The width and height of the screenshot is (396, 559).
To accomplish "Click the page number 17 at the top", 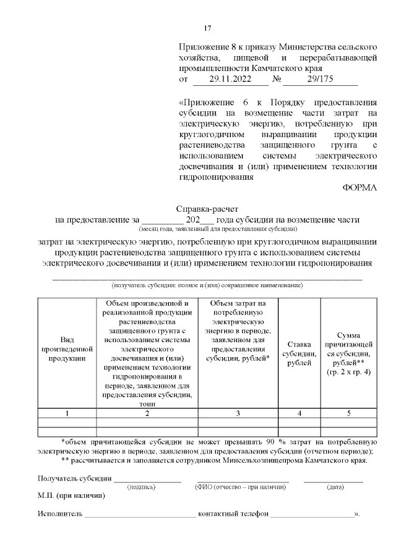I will click(208, 28).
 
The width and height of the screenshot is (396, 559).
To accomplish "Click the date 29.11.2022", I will click(230, 80).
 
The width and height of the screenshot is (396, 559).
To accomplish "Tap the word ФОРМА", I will click(359, 188).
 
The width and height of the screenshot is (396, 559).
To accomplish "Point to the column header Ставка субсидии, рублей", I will click(299, 353).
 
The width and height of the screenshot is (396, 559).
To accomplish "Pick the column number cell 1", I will click(67, 413).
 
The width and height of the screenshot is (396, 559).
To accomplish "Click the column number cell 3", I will click(238, 413).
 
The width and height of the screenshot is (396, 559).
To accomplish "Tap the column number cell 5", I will click(348, 413).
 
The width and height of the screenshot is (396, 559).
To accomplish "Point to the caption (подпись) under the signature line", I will click(141, 487).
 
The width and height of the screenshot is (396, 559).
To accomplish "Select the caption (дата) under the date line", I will click(335, 487).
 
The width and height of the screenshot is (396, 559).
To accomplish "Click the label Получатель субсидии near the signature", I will click(74, 478).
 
